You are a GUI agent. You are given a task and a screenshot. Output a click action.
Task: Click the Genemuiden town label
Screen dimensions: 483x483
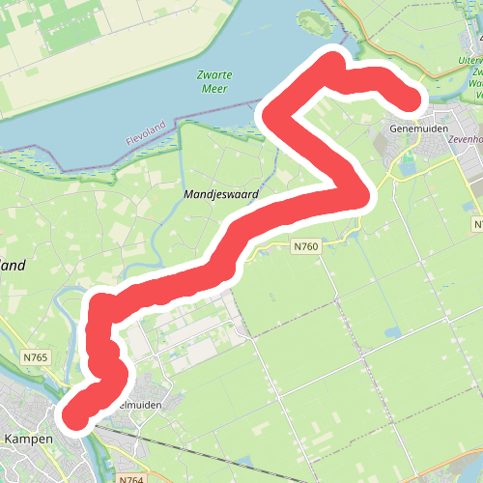coord(417,127)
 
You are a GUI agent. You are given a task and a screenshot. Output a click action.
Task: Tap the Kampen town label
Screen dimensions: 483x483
coord(28,439)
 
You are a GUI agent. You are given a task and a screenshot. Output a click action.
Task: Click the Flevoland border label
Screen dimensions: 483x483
coord(147,133)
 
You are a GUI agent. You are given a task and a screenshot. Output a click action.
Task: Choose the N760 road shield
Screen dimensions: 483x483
coord(305,247)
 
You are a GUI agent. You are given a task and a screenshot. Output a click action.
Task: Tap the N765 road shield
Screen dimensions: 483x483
coord(34,358)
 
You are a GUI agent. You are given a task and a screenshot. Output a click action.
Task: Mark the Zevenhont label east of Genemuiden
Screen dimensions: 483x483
coord(461,140)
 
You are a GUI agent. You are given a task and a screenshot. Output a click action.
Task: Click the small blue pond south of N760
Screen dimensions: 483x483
coord(393,333)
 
